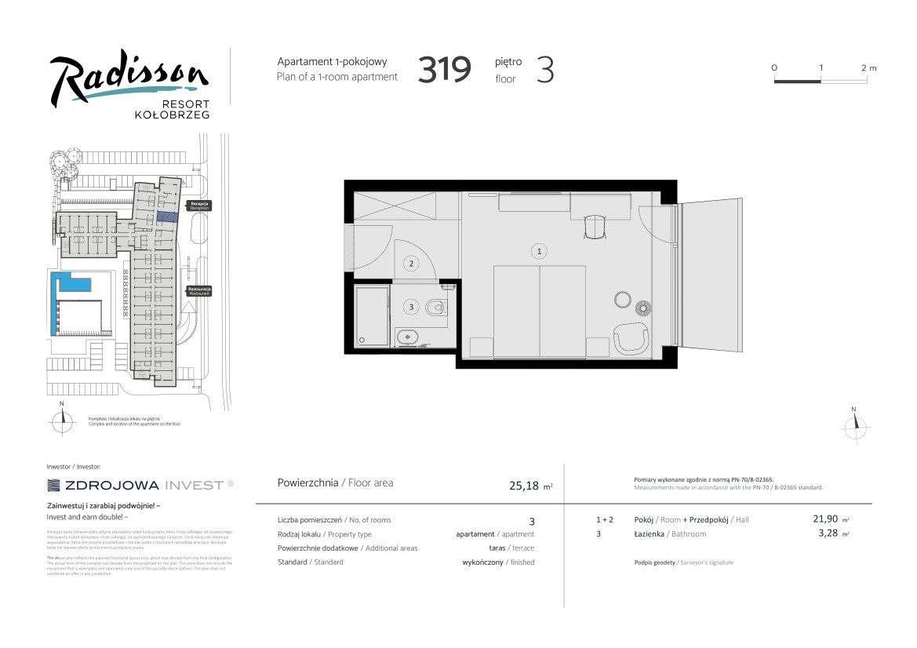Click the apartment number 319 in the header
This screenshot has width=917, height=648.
[x=444, y=70]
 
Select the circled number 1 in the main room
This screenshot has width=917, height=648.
[x=539, y=251]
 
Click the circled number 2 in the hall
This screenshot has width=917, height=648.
[x=411, y=264]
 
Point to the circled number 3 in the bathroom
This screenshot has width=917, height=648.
[x=411, y=306]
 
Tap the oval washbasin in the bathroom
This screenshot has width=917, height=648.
[x=407, y=339]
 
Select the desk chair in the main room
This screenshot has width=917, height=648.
[x=595, y=227]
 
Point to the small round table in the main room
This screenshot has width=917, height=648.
[x=623, y=300]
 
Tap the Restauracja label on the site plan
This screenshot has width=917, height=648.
[x=200, y=290]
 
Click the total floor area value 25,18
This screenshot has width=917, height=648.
[x=524, y=486]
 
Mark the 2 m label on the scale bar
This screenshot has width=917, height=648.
[x=868, y=68]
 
